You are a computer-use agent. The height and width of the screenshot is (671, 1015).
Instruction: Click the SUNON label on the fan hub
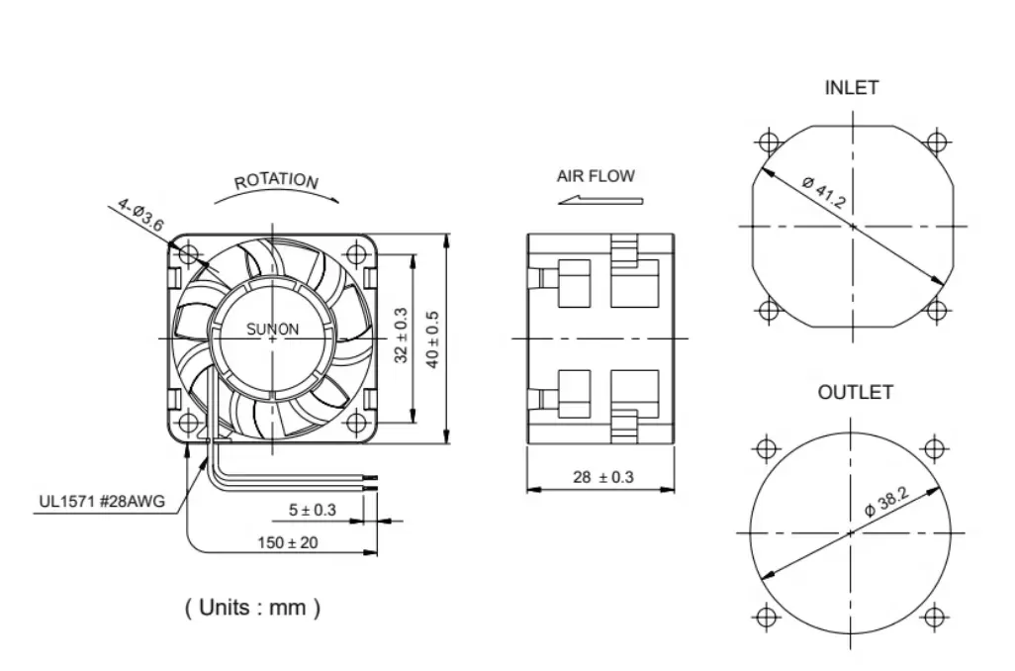pyautogui.click(x=272, y=330)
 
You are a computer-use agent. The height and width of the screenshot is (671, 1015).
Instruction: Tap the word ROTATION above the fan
pyautogui.click(x=276, y=181)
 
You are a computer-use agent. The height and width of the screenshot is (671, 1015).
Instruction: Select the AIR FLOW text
pyautogui.click(x=596, y=176)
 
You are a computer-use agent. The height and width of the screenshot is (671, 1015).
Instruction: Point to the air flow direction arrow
pyautogui.click(x=600, y=199)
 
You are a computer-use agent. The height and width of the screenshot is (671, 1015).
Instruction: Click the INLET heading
pyautogui.click(x=851, y=88)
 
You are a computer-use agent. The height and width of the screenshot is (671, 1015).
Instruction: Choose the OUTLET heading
pyautogui.click(x=855, y=393)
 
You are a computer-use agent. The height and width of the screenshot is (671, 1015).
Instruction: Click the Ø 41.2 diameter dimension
pyautogui.click(x=823, y=194)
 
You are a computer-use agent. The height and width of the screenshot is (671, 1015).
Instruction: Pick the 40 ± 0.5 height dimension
pyautogui.click(x=432, y=339)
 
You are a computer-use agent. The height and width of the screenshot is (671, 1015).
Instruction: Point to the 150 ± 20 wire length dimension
pyautogui.click(x=289, y=542)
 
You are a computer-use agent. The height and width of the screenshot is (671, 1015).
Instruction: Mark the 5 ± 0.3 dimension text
pyautogui.click(x=313, y=510)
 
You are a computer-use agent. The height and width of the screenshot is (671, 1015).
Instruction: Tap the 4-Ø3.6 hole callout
pyautogui.click(x=140, y=214)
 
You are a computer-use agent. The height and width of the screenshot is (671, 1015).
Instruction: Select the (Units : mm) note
pyautogui.click(x=252, y=607)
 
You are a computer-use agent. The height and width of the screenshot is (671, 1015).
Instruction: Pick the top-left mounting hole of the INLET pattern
pyautogui.click(x=769, y=141)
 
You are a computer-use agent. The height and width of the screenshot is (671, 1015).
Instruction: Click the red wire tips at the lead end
pyautogui.click(x=373, y=482)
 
